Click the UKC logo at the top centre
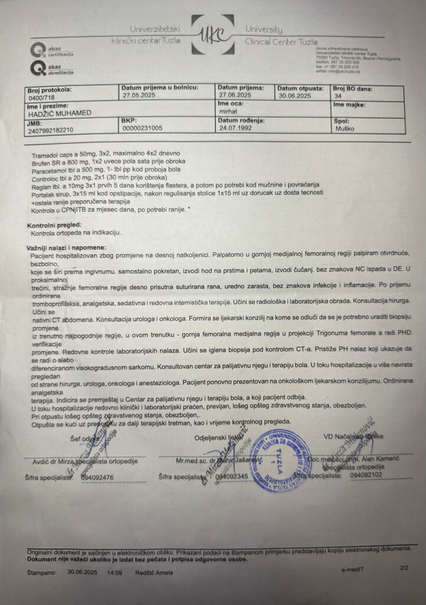click(213, 36)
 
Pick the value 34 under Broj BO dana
click(338, 95)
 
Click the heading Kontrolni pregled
click(54, 225)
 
